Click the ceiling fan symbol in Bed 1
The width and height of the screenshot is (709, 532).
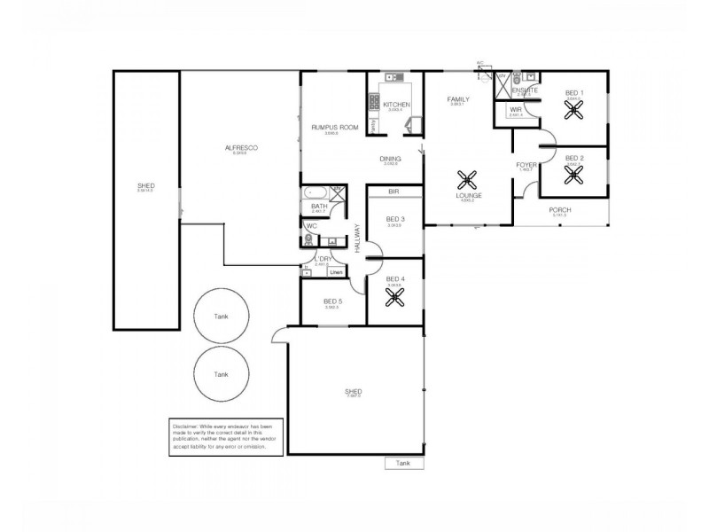(575, 110)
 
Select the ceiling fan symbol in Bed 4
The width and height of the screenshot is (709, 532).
(393, 295)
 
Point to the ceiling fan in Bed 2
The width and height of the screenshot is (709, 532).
(575, 174)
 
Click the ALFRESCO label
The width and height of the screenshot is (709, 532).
(238, 148)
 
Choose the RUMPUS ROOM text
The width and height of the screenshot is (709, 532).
(335, 128)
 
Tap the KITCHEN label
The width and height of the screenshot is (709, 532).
(396, 105)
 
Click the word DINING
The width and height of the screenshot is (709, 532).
(391, 159)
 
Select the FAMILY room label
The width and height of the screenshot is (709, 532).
(458, 99)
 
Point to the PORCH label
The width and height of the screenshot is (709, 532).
(560, 209)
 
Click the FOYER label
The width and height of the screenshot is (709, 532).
(526, 165)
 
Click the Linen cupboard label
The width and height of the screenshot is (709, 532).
(337, 272)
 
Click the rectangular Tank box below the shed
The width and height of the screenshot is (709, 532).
(404, 463)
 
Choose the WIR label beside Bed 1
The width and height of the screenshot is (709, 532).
(515, 110)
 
